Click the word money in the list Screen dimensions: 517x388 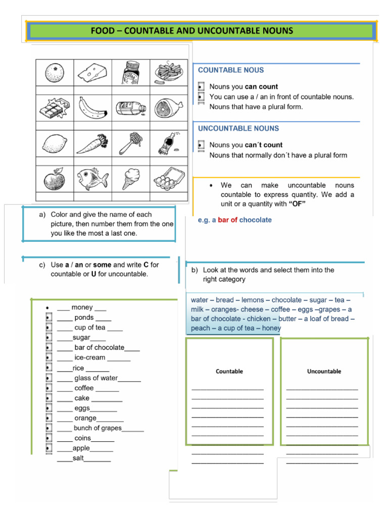82,307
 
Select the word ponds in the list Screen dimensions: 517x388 84,318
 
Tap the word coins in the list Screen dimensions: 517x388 82,438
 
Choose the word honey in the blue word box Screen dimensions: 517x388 271,328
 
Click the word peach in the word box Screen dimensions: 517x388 201,328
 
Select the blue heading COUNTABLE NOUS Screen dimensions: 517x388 230,70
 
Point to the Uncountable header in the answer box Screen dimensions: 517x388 324,371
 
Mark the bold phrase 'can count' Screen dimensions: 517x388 261,87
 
